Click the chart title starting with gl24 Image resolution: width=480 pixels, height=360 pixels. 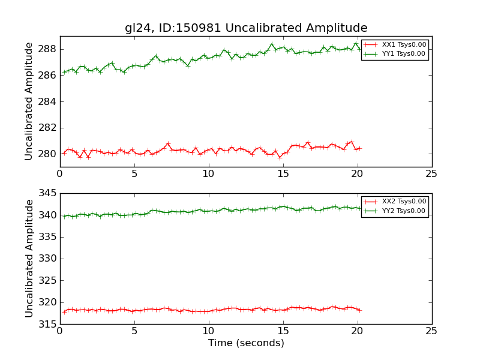[x=246, y=28]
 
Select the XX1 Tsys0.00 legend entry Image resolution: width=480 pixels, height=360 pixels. [x=404, y=44]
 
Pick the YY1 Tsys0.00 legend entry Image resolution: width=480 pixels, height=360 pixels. [x=404, y=53]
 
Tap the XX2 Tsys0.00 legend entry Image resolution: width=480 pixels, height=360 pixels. [x=404, y=202]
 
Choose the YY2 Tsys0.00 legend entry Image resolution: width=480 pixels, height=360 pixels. [x=404, y=211]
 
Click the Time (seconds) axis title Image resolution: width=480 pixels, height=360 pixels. [x=246, y=343]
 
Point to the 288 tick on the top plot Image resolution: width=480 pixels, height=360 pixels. [x=48, y=49]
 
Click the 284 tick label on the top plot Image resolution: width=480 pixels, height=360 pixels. [x=48, y=101]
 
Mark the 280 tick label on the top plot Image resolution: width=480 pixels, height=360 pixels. [x=48, y=154]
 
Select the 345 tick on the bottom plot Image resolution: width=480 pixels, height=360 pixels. [x=48, y=193]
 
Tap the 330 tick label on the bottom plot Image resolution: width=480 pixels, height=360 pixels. [x=48, y=259]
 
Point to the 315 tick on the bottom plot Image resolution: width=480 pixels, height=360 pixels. [x=48, y=325]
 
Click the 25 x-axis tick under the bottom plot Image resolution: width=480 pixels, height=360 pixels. [x=431, y=331]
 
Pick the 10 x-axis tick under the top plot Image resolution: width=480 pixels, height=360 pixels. [x=208, y=174]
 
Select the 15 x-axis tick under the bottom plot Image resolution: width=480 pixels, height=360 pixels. [x=283, y=331]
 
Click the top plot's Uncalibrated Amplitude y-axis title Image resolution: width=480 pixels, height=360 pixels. [x=29, y=101]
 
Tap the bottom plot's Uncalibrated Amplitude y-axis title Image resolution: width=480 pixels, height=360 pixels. [x=29, y=259]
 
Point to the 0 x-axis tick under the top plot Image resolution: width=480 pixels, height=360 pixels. [x=60, y=174]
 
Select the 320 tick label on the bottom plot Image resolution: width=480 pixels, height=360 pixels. [x=48, y=302]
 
